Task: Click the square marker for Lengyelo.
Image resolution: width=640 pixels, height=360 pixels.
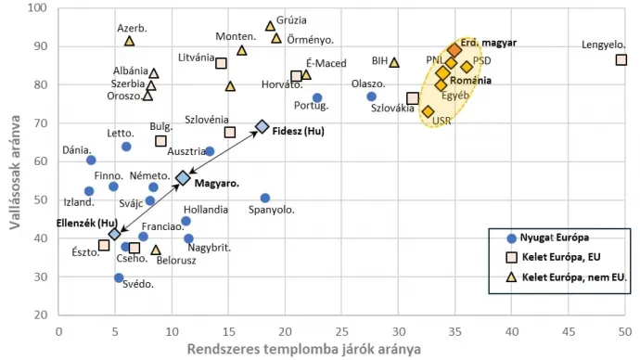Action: [621, 60]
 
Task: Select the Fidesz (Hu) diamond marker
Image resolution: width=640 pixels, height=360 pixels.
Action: [262, 126]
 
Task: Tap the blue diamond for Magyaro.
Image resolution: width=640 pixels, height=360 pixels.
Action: [183, 177]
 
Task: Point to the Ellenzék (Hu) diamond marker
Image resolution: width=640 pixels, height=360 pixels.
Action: [114, 235]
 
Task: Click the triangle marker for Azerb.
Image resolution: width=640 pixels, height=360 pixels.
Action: [130, 41]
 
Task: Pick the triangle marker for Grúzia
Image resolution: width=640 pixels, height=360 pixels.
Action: [270, 26]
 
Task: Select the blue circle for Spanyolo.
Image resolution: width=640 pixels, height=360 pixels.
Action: [265, 198]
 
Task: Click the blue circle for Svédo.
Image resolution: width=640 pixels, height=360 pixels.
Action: [119, 277]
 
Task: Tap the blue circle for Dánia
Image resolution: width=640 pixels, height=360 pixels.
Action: [91, 161]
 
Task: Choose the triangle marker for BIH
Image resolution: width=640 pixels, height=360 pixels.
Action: [394, 62]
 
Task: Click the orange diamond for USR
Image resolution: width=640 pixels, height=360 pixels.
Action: [428, 111]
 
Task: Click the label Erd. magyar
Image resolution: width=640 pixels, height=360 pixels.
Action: [489, 43]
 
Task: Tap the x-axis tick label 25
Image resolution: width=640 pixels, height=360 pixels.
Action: [342, 331]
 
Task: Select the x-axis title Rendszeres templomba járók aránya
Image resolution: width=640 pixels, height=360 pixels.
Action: [302, 349]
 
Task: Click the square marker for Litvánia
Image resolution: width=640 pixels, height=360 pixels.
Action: [222, 63]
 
